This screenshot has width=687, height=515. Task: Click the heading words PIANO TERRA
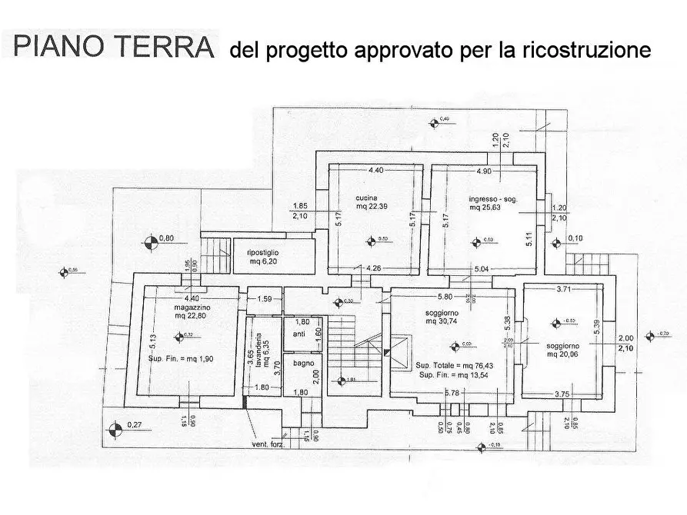click(114, 48)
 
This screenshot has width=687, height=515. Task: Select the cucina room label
click(366, 198)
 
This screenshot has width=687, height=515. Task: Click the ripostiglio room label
click(262, 253)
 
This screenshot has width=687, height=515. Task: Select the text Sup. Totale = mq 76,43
click(456, 365)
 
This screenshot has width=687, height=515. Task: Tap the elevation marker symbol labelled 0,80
click(149, 244)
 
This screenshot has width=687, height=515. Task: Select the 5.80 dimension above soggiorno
click(445, 297)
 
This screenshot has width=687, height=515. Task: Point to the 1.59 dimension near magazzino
click(264, 298)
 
